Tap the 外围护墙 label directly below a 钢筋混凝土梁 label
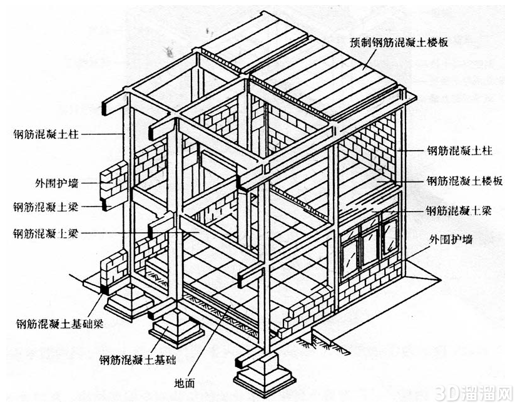coord(454,239)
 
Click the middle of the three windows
coord(370,245)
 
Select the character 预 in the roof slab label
coord(354,42)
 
